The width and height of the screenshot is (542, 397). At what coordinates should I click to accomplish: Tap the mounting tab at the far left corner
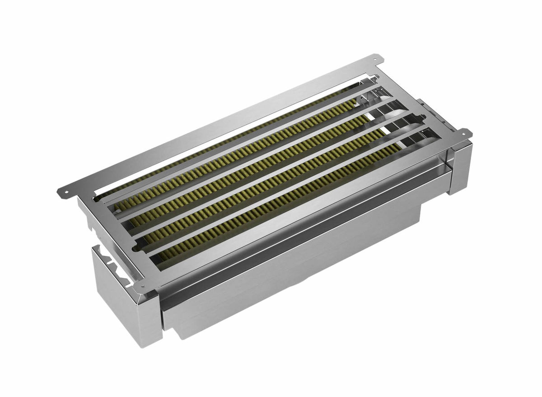pyautogui.click(x=63, y=191)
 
